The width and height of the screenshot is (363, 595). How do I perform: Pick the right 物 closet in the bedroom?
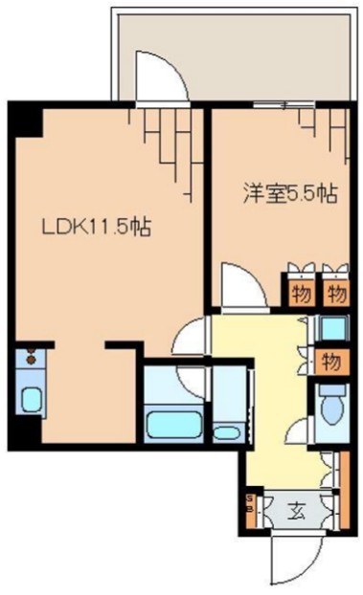click(333, 293)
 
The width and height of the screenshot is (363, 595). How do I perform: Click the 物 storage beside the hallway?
click(331, 362)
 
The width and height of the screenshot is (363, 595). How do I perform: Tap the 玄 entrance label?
click(296, 509)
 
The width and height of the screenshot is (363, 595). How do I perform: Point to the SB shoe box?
click(251, 504)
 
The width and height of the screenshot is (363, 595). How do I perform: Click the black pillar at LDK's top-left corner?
click(27, 120)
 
